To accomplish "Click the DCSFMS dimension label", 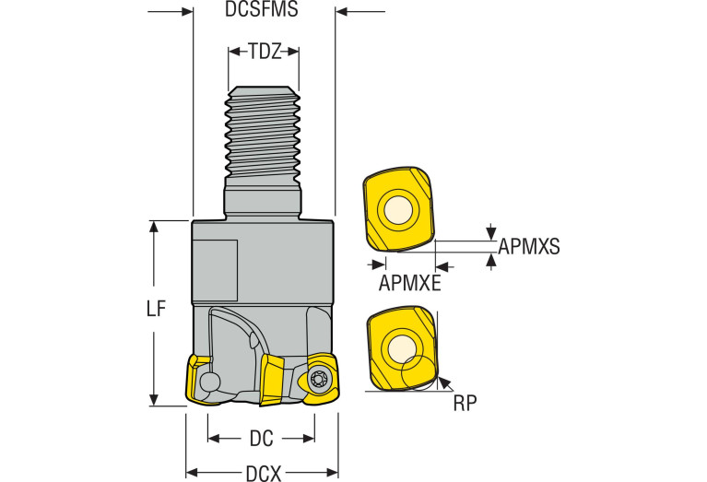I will tap(263, 12).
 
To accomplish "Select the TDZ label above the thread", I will tap(264, 52).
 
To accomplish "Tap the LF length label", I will tap(157, 311).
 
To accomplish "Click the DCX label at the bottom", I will tap(263, 474).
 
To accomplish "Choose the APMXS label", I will tap(529, 247).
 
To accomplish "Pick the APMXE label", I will tap(409, 282).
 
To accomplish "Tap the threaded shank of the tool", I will tap(264, 134).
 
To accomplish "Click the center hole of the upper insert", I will tap(398, 211).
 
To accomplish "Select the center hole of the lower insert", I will tap(402, 348).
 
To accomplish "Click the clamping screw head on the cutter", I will tap(320, 378).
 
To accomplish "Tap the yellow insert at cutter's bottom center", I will tap(275, 379).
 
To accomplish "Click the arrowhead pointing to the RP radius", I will tap(444, 381).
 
